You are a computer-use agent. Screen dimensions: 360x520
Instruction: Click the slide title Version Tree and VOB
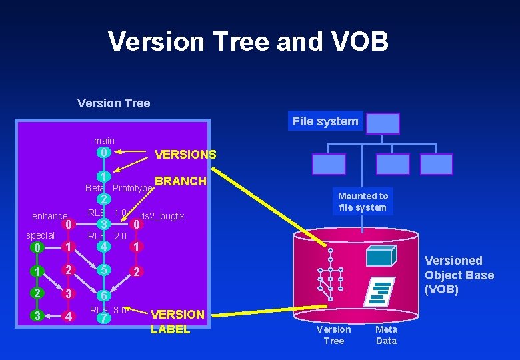tap(248, 41)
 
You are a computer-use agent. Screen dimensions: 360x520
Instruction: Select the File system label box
tap(325, 121)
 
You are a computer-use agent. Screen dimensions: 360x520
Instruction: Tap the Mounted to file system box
tap(363, 201)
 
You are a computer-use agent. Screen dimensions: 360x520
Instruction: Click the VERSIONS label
tap(185, 155)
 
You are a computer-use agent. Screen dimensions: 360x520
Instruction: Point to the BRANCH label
tap(181, 181)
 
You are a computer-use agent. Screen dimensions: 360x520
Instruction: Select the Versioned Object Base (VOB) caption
tap(459, 275)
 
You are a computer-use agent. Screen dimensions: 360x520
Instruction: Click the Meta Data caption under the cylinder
tap(386, 335)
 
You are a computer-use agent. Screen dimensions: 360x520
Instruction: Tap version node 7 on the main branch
tap(103, 319)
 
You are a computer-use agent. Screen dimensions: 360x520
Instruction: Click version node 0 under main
tap(103, 152)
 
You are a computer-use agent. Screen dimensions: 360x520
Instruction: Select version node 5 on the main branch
tap(103, 271)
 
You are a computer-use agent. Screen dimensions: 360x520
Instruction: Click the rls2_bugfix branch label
tap(162, 216)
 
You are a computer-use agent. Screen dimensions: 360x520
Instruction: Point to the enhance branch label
tap(49, 216)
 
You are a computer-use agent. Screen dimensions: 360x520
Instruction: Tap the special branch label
tap(40, 235)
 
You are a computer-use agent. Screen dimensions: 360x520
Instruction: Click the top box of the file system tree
tap(383, 123)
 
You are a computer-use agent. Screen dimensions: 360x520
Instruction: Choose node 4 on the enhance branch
tap(68, 316)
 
